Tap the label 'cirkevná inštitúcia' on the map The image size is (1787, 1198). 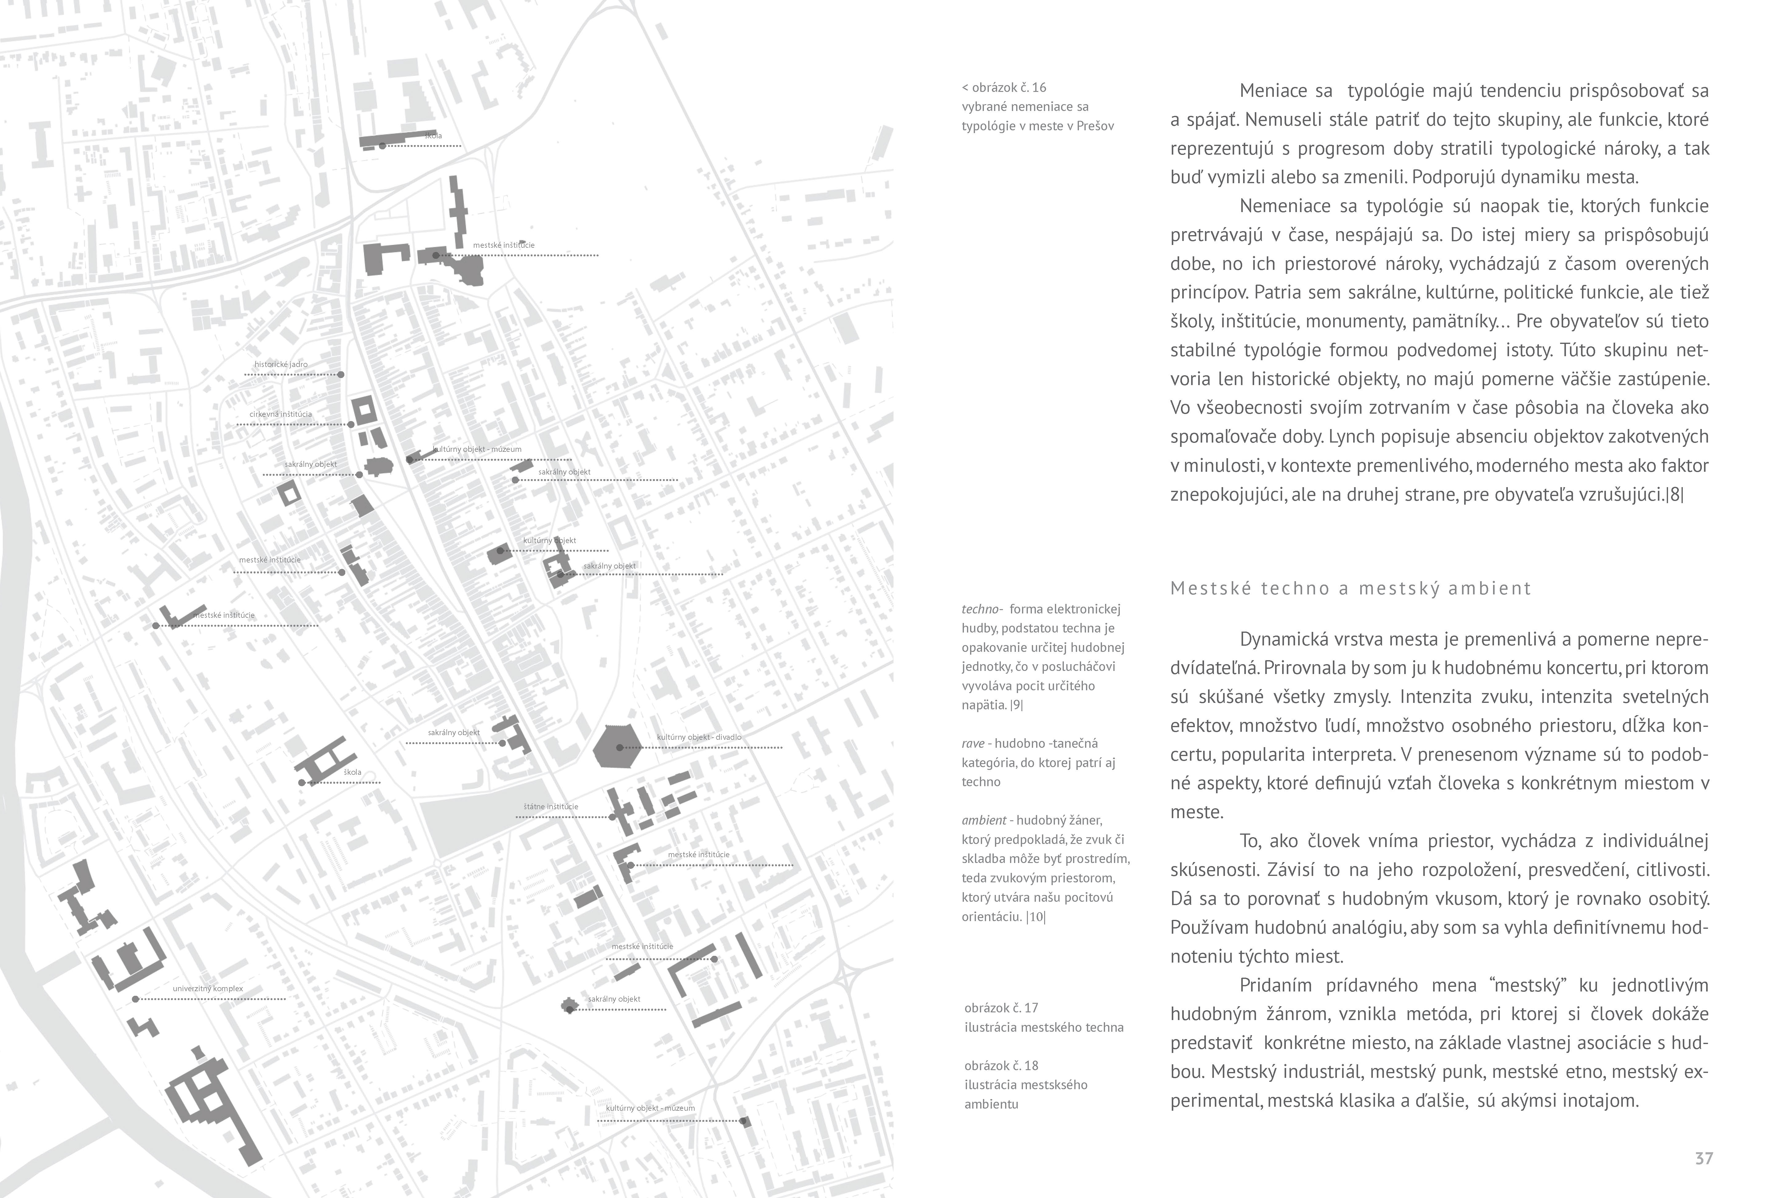(280, 414)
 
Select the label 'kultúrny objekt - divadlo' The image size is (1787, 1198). (699, 737)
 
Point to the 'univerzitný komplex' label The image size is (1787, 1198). (208, 989)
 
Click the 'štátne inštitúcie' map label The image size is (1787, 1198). (550, 807)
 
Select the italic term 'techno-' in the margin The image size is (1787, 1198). (981, 609)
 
